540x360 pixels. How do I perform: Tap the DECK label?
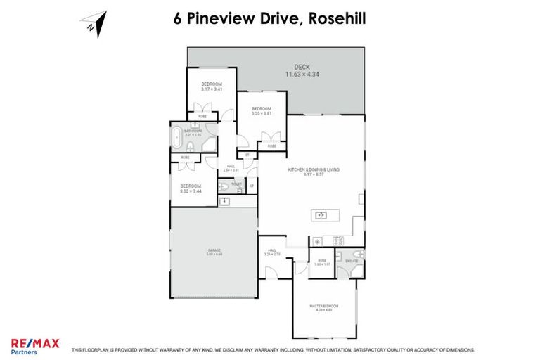tap(302, 67)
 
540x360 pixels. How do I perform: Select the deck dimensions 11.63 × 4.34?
tap(302, 75)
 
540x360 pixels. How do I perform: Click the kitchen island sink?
tap(321, 215)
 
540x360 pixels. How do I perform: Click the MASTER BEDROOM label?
tap(324, 306)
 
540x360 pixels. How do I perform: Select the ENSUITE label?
tap(349, 261)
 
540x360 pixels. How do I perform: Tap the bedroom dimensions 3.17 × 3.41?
tap(212, 89)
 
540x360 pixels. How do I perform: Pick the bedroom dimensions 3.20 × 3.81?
tap(262, 113)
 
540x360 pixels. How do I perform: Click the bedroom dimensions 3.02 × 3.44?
tap(191, 191)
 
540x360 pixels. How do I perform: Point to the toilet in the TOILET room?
tap(224, 186)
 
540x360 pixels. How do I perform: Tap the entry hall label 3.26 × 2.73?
tap(271, 253)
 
